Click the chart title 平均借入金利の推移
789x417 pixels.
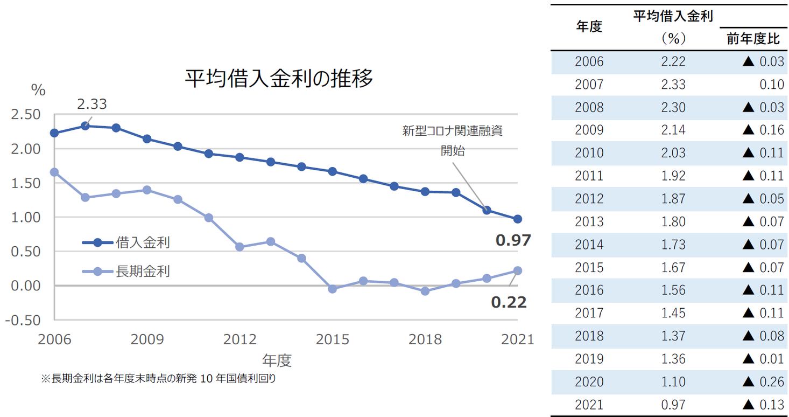(279, 79)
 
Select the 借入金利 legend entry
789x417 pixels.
(143, 242)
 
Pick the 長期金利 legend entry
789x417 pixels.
(143, 271)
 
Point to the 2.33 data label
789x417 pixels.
(91, 104)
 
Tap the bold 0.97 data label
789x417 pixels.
(513, 240)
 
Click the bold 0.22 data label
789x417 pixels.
(509, 302)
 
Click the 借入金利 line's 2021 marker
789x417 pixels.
(517, 219)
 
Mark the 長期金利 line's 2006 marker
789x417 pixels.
(54, 172)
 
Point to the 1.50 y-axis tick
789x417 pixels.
(25, 183)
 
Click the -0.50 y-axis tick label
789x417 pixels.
(23, 319)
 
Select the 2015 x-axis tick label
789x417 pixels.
(333, 339)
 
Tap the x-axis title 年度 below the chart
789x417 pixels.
(277, 360)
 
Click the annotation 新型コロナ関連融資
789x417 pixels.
(452, 131)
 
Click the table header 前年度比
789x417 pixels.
(753, 39)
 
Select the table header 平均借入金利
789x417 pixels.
(673, 16)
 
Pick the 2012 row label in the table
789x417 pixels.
(589, 199)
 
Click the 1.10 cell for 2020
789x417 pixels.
(673, 382)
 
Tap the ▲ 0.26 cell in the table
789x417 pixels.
(763, 382)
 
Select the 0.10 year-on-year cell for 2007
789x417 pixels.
(772, 85)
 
